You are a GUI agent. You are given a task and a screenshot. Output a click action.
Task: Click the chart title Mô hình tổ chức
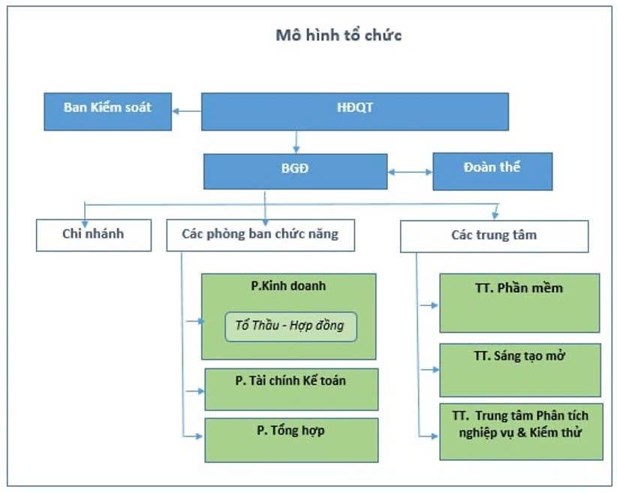point(338,35)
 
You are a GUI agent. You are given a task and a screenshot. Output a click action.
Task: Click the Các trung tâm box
point(494,236)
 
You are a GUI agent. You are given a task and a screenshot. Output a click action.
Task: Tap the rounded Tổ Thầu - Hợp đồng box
point(290,327)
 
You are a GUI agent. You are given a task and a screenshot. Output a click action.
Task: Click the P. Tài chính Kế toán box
point(290,389)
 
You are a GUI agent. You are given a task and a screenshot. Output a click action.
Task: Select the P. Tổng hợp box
point(290,440)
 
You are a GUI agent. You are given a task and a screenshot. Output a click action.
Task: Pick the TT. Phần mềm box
point(519,302)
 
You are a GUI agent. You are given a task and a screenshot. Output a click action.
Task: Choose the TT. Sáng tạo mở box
point(519,370)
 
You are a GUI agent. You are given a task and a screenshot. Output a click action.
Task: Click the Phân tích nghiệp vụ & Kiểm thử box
point(520,431)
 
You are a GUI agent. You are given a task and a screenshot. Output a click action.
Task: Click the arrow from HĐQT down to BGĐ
point(296,142)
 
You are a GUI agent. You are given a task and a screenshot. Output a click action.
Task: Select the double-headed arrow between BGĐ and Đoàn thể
point(410,172)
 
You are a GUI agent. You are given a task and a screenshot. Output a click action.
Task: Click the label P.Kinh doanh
point(288,286)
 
